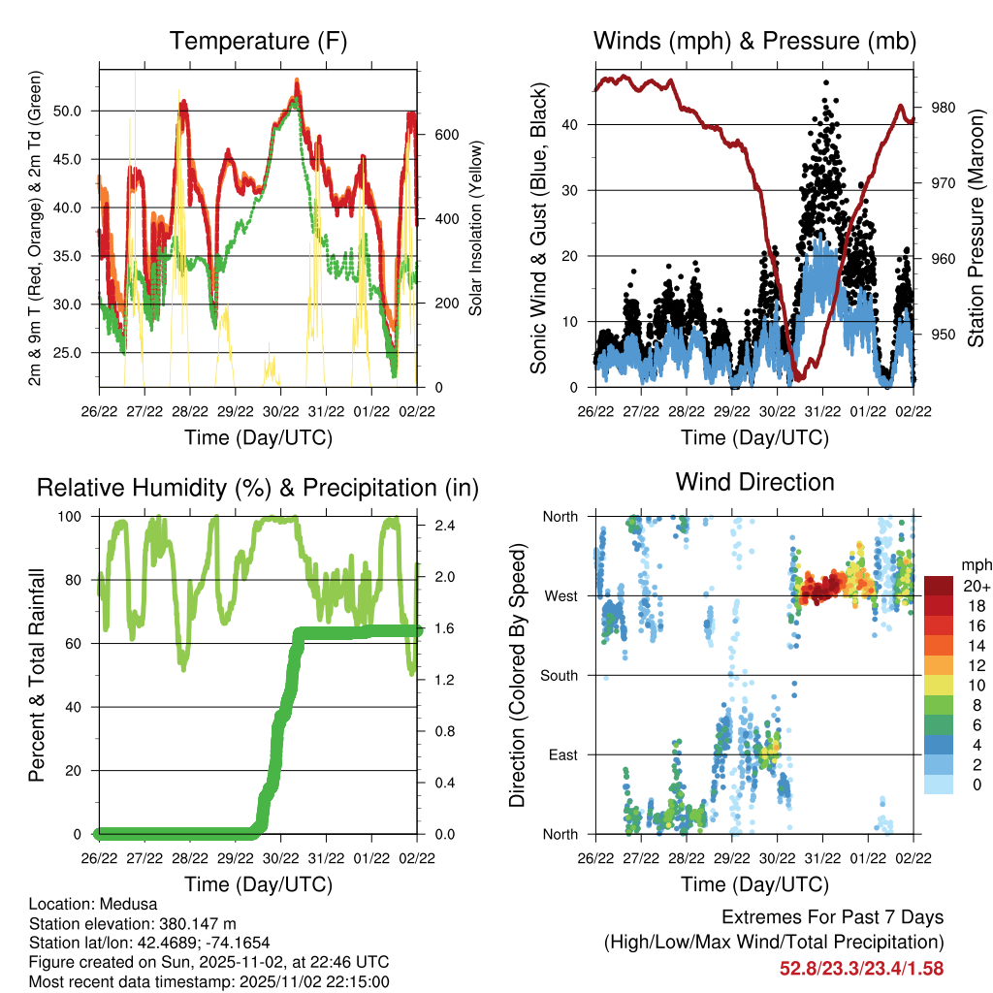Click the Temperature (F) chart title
tap(258, 42)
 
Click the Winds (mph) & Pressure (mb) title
tap(754, 42)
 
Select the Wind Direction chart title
tap(754, 481)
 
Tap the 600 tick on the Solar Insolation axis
tap(445, 135)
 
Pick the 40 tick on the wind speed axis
tap(576, 124)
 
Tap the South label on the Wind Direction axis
tap(560, 675)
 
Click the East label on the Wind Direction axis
tap(563, 754)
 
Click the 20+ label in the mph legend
tap(975, 586)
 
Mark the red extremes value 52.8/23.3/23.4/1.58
tap(862, 968)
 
